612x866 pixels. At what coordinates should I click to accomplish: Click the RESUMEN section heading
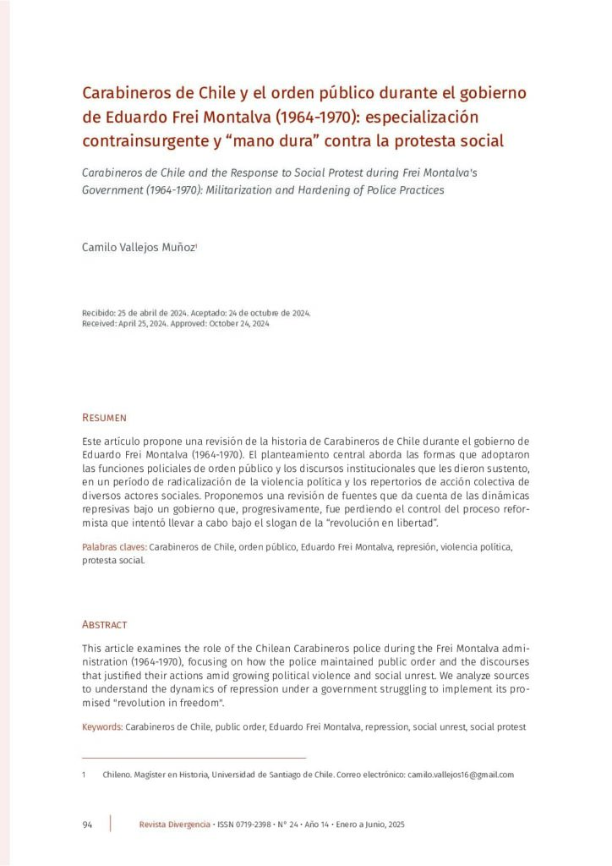104,418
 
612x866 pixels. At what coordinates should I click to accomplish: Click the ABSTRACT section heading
104,624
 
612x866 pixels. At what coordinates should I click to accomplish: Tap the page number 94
87,825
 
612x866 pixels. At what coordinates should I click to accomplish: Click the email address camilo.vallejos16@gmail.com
461,774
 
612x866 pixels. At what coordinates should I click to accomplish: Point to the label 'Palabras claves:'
114,547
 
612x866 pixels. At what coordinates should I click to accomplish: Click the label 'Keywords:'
102,726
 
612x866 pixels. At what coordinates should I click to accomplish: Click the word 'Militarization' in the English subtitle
298,189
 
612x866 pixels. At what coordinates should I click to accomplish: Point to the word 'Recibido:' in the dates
99,312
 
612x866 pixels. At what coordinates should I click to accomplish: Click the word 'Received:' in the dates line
100,323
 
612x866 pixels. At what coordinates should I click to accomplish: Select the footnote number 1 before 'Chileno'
84,774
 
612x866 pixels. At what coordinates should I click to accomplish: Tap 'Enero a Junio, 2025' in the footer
371,825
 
